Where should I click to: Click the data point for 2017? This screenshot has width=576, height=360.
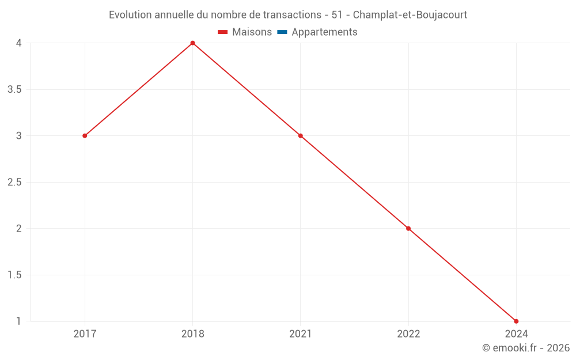tap(85, 136)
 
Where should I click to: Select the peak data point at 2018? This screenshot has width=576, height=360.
tap(192, 43)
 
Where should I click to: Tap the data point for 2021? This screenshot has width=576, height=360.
tap(300, 136)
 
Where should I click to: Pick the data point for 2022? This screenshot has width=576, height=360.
tap(408, 229)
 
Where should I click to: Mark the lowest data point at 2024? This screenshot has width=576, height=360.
tap(516, 321)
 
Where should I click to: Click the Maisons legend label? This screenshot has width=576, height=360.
tap(252, 32)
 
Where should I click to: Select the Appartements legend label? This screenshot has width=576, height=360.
tap(324, 32)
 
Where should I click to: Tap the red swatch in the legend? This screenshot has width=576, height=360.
tap(223, 32)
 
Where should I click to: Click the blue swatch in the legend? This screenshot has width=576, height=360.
tap(282, 32)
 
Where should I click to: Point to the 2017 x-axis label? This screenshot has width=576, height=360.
tap(85, 334)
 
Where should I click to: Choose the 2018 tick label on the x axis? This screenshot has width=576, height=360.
tap(192, 334)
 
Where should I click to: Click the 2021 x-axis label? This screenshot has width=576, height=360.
tap(300, 334)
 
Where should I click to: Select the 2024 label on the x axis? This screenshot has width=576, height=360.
tap(516, 334)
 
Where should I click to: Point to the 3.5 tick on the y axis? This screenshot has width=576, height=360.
tap(16, 90)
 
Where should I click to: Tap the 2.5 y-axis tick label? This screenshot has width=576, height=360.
tap(16, 183)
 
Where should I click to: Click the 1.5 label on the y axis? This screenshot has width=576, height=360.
tap(16, 275)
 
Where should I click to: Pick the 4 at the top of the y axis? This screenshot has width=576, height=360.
tap(19, 43)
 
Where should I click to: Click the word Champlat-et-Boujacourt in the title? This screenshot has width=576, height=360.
tap(410, 14)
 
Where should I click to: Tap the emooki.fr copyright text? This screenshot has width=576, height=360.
tap(526, 348)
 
